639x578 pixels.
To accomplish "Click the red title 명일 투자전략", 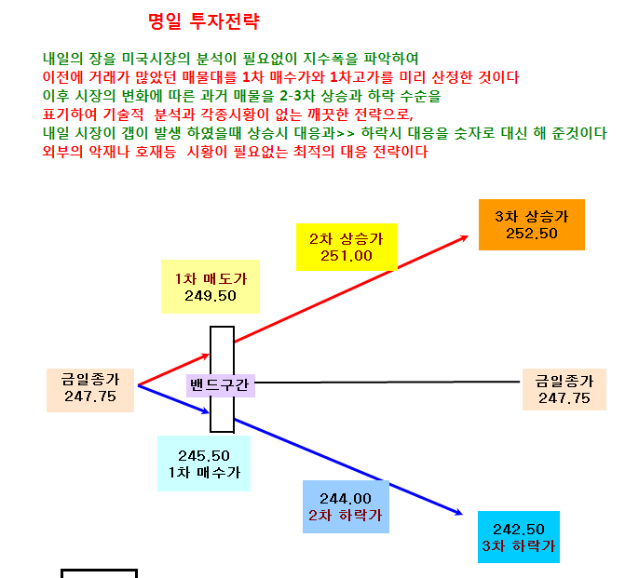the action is [x=203, y=21].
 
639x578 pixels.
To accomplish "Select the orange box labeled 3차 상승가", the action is [x=531, y=224].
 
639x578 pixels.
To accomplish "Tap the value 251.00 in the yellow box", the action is [x=346, y=256].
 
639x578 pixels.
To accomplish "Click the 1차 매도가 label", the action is [x=211, y=279].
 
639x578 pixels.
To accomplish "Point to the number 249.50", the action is [x=211, y=296].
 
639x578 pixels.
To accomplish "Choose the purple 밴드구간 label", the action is [x=221, y=385].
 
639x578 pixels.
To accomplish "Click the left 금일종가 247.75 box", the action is [x=90, y=390].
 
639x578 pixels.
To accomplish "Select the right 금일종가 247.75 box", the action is [x=564, y=389].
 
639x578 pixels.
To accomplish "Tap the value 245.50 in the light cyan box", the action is [x=204, y=455].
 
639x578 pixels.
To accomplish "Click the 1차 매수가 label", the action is [x=204, y=473].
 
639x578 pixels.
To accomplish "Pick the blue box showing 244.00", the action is [x=346, y=506].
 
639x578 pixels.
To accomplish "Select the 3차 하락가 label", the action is [x=518, y=545].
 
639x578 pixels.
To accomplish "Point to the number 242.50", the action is [x=519, y=529].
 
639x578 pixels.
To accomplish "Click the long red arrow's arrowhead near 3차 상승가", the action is [x=465, y=237].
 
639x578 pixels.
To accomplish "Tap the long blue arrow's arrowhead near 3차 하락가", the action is [x=458, y=513].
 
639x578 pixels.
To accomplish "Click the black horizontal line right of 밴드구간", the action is [x=387, y=382].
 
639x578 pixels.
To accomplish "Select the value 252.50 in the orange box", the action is [x=531, y=234].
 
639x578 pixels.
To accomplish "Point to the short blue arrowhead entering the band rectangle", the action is [x=205, y=411].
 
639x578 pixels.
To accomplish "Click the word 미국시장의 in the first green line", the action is [x=156, y=59].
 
